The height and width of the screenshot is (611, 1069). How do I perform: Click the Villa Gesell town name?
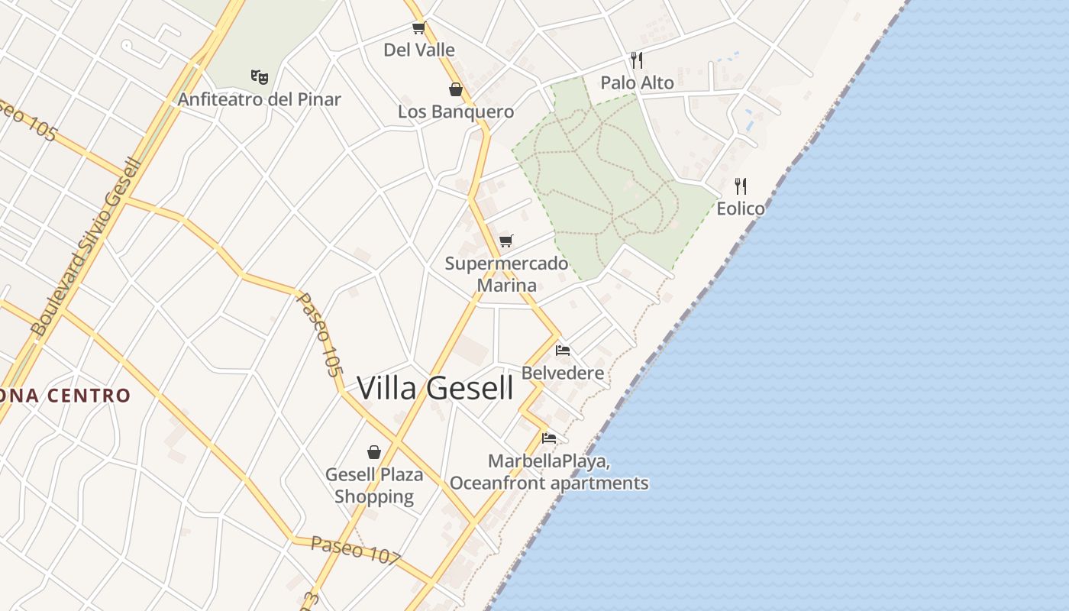[435, 388]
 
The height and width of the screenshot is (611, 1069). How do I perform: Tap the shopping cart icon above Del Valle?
[418, 28]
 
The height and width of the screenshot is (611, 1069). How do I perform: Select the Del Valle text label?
[419, 50]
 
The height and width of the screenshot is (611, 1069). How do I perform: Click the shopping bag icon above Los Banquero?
[456, 89]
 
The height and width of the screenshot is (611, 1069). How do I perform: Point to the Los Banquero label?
[456, 112]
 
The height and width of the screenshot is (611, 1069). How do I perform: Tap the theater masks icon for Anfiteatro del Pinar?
[260, 76]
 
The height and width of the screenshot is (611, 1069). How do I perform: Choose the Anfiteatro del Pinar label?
[260, 99]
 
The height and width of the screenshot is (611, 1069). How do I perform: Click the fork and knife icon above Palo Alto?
[637, 60]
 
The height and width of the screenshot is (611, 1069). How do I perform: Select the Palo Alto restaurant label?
[637, 82]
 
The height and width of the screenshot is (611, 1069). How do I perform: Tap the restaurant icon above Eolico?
[740, 186]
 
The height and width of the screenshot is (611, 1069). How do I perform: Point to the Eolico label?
[740, 208]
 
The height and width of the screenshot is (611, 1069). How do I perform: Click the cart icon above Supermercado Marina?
[506, 241]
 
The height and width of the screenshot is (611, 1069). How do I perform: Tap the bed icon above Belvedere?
[563, 351]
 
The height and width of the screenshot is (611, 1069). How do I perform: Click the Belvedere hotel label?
[563, 373]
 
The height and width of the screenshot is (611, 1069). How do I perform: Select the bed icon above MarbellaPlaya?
[548, 438]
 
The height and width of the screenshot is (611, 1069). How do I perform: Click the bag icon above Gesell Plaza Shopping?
[374, 452]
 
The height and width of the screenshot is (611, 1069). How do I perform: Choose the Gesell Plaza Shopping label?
[374, 485]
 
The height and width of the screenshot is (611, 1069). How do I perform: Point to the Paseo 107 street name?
[355, 550]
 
